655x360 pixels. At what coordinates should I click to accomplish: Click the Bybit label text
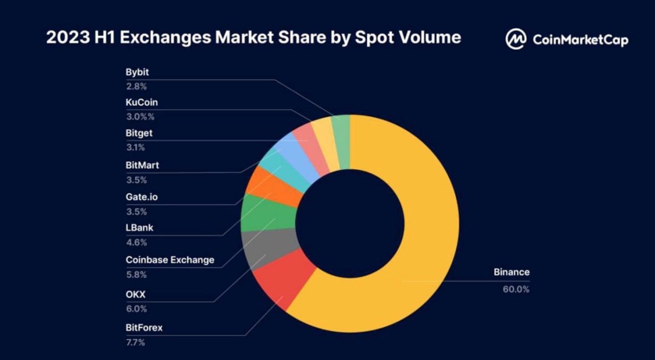coord(137,72)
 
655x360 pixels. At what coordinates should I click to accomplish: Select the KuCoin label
coord(142,102)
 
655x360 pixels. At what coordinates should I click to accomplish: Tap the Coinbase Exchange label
coord(170,260)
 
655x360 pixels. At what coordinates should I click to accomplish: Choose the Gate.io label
coord(142,197)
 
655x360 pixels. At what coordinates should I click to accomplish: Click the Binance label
coord(511,272)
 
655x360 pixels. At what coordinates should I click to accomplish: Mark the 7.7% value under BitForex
coord(136,342)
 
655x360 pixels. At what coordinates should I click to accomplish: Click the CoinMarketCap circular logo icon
coord(516,39)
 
